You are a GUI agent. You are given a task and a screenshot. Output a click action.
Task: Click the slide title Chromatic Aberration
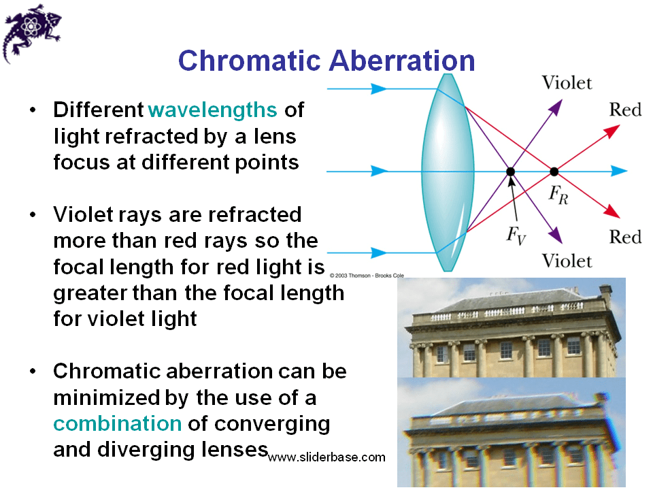tap(326, 60)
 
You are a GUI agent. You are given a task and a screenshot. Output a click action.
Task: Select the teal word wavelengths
tap(212, 110)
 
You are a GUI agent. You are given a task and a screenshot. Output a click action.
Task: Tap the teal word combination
tap(118, 423)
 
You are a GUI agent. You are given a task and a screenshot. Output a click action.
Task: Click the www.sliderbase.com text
tap(326, 457)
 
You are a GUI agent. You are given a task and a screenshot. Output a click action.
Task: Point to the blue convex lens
tap(447, 171)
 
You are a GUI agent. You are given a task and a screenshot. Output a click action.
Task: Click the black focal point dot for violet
tap(509, 171)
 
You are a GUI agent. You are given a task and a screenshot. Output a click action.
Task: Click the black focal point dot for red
tap(554, 171)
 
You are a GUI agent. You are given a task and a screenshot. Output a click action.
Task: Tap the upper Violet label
tap(567, 83)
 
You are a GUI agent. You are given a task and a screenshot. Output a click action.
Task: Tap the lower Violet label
tap(567, 261)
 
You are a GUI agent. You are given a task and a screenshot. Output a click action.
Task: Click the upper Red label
tap(625, 110)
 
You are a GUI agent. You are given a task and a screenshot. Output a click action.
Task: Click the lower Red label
tap(625, 237)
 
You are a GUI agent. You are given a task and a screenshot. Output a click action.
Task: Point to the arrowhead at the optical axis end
tap(619, 171)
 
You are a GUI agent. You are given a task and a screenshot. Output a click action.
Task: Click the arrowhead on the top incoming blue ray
tap(380, 88)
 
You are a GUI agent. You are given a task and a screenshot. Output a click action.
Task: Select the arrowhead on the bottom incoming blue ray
tap(380, 253)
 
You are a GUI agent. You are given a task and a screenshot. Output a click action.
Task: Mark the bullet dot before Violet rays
tap(33, 215)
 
